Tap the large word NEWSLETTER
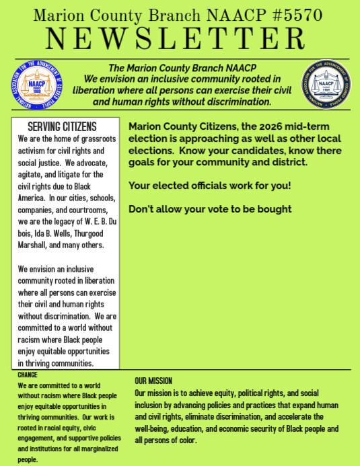coord(180,39)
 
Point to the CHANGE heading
coord(28,375)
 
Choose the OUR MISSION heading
coord(153,381)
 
